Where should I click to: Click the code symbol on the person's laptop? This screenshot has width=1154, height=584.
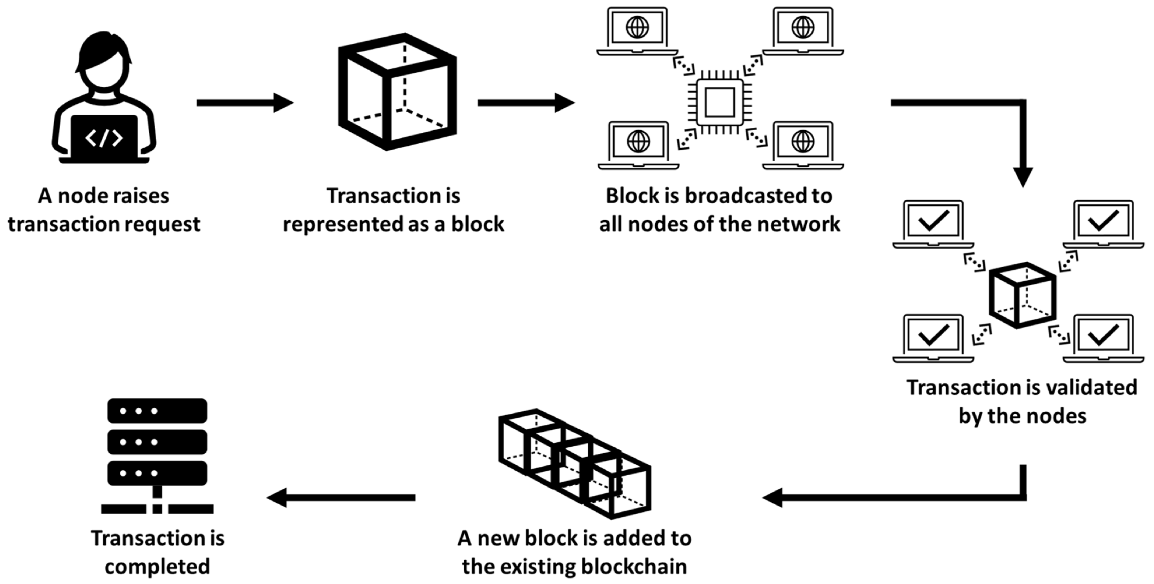click(104, 138)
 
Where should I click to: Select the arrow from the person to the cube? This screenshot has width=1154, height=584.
click(244, 103)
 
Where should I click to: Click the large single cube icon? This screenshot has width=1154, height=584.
click(397, 92)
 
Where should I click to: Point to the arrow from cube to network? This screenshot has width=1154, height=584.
click(526, 103)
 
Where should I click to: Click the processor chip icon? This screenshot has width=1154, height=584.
click(720, 102)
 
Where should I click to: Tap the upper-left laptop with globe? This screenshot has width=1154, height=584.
click(637, 32)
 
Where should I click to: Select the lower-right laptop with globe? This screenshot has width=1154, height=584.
click(803, 145)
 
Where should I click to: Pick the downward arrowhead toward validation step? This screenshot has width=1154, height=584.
click(1023, 177)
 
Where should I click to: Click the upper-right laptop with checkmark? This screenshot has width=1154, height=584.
click(1104, 224)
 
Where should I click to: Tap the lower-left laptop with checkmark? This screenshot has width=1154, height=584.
click(933, 338)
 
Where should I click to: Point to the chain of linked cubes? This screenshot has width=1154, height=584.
click(575, 463)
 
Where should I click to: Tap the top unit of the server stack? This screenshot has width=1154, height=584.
click(157, 410)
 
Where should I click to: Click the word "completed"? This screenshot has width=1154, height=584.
click(157, 566)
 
